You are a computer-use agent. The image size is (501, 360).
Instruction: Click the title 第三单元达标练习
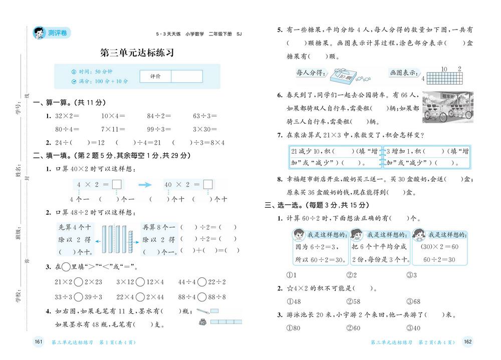137,53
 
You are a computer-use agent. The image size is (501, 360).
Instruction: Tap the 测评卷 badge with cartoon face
52,33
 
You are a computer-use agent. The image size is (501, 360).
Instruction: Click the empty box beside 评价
186,76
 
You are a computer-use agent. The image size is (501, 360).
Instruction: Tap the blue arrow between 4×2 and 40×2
145,185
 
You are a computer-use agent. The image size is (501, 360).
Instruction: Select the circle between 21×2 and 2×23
79,282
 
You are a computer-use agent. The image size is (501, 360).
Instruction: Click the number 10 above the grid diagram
443,69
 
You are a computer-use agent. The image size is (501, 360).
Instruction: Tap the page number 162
468,342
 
